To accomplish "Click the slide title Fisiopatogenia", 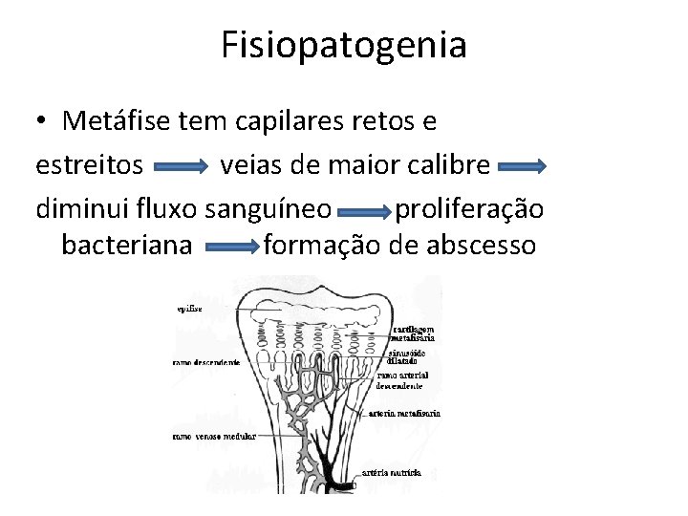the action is (x=344, y=45).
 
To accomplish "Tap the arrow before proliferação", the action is (x=364, y=209).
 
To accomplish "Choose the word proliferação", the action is (x=469, y=207).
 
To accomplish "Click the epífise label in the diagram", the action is (x=188, y=309).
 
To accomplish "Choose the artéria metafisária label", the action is (x=405, y=414).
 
